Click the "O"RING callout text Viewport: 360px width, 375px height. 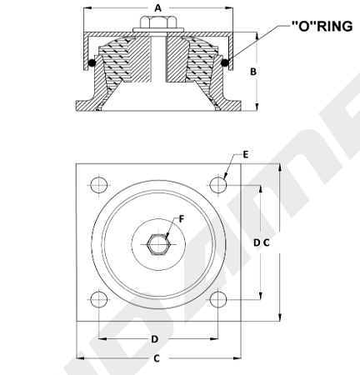click(322, 27)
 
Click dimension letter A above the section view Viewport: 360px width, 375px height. click(157, 8)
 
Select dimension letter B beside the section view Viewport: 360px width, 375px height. click(253, 72)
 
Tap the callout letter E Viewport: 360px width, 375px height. click(246, 155)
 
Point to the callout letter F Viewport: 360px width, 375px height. click(182, 219)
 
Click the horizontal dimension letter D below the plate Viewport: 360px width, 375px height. click(155, 339)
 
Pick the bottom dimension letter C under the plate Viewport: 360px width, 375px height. click(157, 358)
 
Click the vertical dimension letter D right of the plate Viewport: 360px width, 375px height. click(257, 242)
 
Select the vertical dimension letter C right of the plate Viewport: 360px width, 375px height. click(267, 242)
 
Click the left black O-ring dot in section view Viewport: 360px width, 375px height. click(92, 63)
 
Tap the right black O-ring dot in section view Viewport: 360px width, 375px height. click(225, 63)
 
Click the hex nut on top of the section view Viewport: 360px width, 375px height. click(158, 22)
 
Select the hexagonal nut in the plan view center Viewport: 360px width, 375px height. click(158, 244)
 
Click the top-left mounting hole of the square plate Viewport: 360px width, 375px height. click(99, 185)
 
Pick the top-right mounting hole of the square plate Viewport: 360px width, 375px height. click(218, 185)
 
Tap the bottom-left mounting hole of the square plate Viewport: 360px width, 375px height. click(99, 299)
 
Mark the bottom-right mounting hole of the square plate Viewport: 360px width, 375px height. click(218, 299)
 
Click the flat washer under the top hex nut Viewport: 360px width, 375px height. click(158, 30)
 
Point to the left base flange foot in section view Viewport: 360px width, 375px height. click(86, 106)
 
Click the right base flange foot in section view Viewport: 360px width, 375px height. click(231, 106)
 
